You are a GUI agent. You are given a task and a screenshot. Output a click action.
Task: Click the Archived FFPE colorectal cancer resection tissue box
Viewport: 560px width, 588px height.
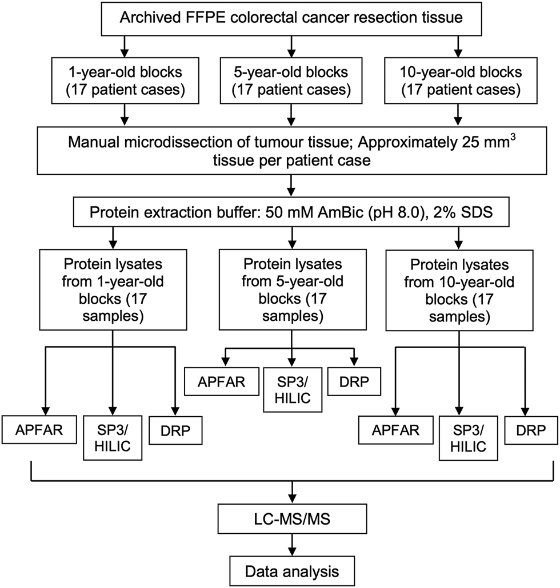[x=291, y=18]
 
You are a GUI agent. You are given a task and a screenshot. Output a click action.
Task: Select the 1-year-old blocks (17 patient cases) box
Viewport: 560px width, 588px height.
[x=125, y=80]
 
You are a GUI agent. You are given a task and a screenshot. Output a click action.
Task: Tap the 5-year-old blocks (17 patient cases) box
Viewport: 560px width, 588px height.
[x=291, y=80]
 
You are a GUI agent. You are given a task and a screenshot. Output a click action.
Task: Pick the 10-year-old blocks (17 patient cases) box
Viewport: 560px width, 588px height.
[x=461, y=80]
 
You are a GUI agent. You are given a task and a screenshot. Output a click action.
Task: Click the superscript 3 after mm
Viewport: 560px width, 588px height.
[x=513, y=137]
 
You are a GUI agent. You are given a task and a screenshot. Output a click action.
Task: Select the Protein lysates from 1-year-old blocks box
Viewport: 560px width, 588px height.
[x=113, y=290]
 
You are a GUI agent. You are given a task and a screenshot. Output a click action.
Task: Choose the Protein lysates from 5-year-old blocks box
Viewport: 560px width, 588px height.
[x=293, y=290]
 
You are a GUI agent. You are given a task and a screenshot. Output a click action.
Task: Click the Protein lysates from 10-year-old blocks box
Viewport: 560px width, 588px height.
[x=459, y=290]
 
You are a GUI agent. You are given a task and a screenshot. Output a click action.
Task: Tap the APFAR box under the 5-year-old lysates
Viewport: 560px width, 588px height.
[x=222, y=382]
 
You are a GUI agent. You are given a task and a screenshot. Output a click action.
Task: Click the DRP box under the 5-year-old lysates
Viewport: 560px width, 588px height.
[x=354, y=382]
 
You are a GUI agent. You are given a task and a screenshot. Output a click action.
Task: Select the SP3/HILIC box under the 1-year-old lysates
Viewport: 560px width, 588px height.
[x=113, y=438]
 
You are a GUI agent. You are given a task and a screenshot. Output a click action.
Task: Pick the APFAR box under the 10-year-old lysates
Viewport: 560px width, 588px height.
[x=395, y=430]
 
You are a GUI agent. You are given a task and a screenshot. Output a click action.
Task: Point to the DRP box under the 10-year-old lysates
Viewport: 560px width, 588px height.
[x=531, y=430]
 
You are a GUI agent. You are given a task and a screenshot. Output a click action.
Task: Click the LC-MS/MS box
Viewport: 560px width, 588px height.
[x=292, y=519]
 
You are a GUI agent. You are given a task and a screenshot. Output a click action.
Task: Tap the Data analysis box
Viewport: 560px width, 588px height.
[x=292, y=571]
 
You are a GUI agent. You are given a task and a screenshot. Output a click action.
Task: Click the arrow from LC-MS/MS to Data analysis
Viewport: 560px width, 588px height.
[x=291, y=545]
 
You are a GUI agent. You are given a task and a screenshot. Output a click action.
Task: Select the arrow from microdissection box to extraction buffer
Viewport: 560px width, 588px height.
[x=291, y=186]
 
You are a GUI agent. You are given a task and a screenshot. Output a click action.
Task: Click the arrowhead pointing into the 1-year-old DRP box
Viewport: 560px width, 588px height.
[x=175, y=412]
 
